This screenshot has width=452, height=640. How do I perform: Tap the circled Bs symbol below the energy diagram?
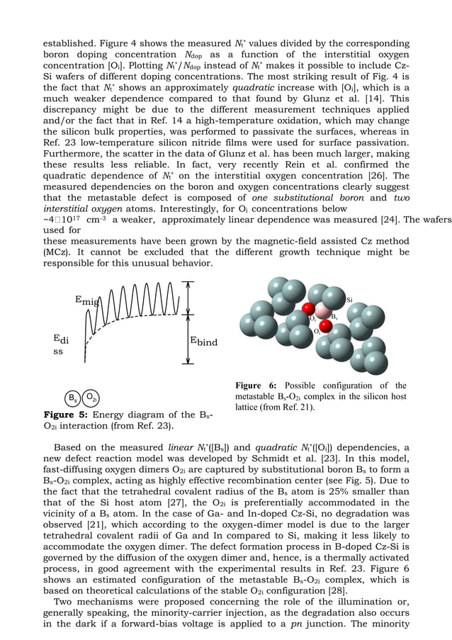[x=72, y=397]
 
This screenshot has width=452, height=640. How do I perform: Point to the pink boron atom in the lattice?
[x=323, y=310]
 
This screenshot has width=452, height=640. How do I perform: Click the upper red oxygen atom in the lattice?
[x=308, y=308]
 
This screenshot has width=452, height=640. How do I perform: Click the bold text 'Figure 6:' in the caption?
[x=261, y=385]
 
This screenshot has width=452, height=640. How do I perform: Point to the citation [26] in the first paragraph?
[x=381, y=176]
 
